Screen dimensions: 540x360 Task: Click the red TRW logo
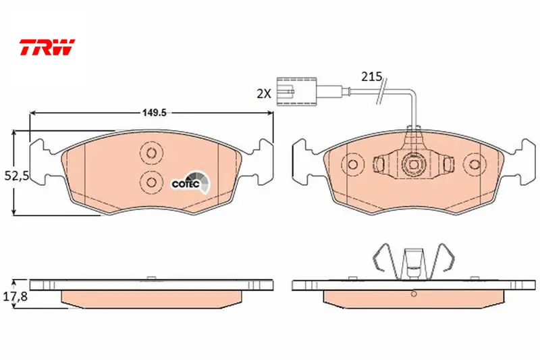[47, 47]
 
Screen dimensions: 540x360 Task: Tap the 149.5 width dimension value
[155, 113]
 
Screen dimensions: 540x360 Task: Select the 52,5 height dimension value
[16, 176]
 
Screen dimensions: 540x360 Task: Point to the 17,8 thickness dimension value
[15, 296]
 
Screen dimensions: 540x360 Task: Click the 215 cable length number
[372, 76]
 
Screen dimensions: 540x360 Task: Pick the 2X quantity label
[264, 93]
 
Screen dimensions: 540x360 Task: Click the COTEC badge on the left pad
[191, 182]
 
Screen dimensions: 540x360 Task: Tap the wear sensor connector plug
[296, 91]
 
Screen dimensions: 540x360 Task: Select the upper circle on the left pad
[151, 152]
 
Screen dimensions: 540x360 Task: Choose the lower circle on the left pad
[151, 181]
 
